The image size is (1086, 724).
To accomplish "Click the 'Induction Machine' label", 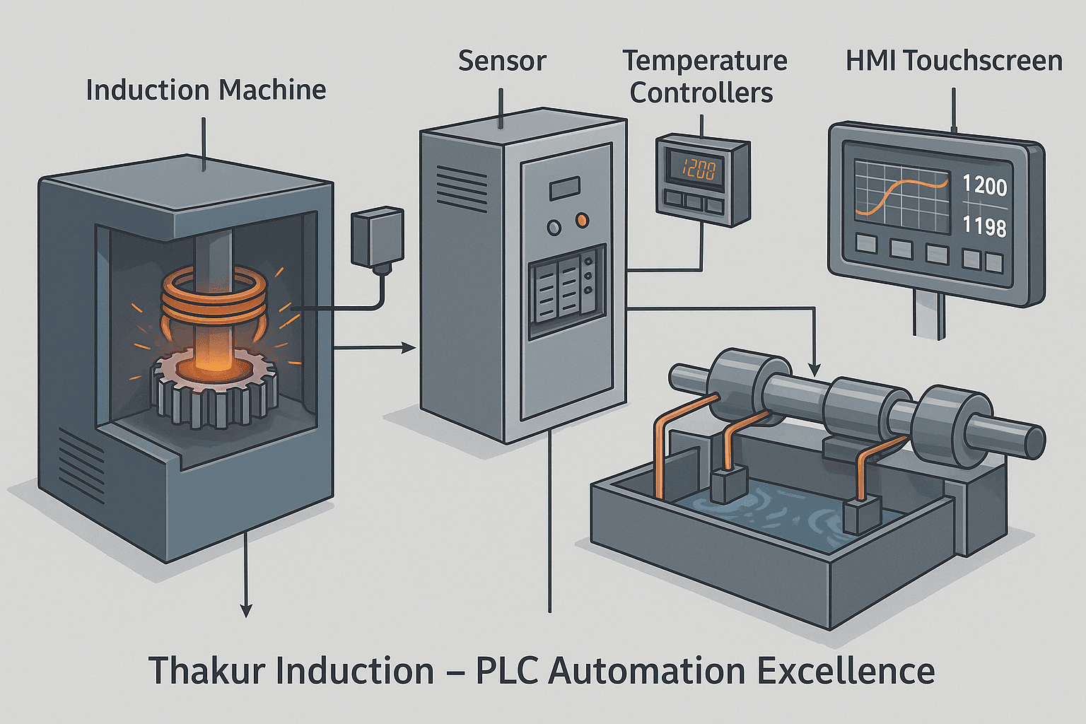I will (206, 90).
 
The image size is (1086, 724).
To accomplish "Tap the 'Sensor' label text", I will (502, 61).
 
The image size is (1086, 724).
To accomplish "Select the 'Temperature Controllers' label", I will (704, 76).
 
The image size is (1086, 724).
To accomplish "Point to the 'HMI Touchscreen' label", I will (954, 61).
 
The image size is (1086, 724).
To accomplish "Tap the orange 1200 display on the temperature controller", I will (699, 169).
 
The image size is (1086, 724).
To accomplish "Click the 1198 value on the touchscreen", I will (984, 226).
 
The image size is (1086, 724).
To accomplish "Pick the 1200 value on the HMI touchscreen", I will (984, 186).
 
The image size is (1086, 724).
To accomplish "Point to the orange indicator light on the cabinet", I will (582, 221).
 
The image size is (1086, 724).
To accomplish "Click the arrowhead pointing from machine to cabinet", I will (408, 347).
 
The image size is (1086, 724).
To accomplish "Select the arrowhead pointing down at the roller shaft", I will (814, 369).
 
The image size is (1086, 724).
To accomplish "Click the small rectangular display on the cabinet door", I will (564, 187).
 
